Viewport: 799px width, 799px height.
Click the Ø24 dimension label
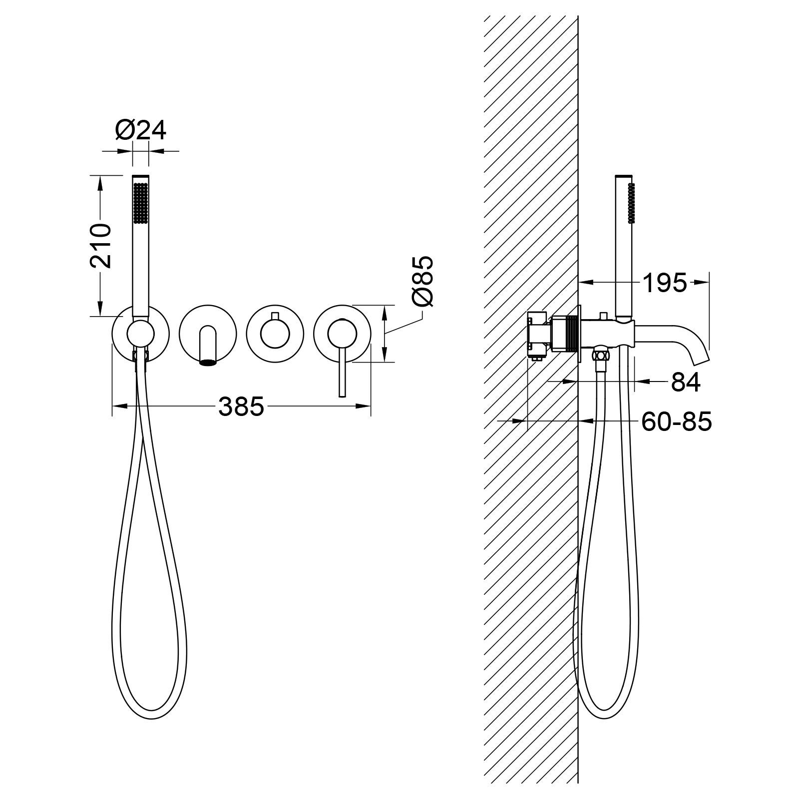point(140,131)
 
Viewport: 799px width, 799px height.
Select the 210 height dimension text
point(100,246)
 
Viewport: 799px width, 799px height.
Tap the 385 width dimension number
point(241,406)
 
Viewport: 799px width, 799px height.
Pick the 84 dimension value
point(686,382)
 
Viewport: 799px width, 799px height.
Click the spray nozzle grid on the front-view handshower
point(140,202)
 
